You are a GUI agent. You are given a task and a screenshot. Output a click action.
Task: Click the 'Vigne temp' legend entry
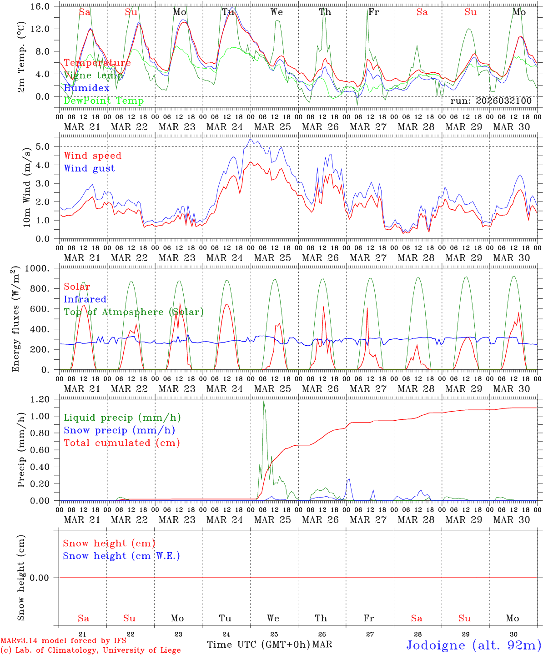[x=93, y=76]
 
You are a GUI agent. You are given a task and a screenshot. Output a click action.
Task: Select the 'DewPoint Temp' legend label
[x=104, y=101]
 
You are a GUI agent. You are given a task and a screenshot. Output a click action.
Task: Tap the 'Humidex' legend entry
[x=86, y=88]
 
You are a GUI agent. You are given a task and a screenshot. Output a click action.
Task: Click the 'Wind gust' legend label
[x=89, y=168]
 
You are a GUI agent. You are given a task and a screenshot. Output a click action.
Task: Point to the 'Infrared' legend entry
[x=85, y=299]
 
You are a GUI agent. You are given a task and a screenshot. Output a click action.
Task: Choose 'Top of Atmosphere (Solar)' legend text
[x=133, y=312]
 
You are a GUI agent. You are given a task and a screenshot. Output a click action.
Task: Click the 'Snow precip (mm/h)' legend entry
[x=119, y=430]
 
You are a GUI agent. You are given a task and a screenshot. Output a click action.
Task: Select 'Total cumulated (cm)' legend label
[x=121, y=443]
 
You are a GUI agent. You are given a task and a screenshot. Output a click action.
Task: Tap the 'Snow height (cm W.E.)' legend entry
[x=121, y=556]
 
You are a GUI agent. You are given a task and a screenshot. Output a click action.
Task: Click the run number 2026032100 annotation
[x=491, y=101]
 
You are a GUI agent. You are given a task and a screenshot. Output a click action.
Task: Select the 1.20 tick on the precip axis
[x=40, y=399]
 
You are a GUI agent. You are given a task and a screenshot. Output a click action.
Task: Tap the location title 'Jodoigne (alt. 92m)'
[x=473, y=645]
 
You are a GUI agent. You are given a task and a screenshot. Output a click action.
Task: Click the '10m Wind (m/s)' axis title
[x=27, y=187]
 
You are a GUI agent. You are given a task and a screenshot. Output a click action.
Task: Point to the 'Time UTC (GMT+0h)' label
[x=258, y=645]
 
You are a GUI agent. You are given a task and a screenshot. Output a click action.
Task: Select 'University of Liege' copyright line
[x=90, y=650]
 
